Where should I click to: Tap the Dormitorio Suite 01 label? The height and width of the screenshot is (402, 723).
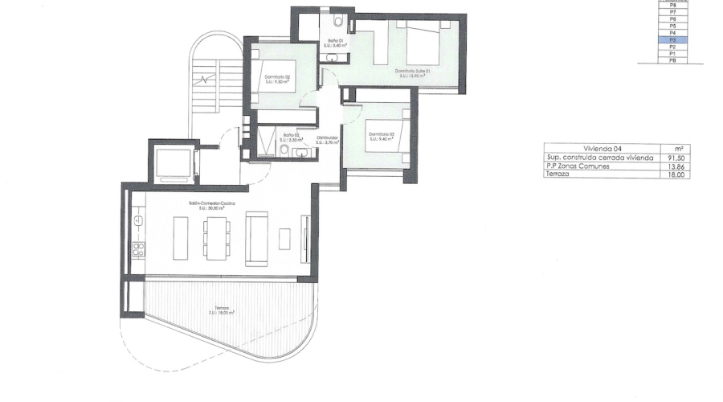(x=413, y=72)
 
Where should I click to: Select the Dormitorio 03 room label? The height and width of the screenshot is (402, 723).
(x=382, y=136)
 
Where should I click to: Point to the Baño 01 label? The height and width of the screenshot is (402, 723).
(x=335, y=42)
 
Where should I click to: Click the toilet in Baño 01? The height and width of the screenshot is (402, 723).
(x=339, y=22)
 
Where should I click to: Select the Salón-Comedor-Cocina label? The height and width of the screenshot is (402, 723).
(x=206, y=204)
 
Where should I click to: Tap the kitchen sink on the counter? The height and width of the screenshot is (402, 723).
(x=137, y=218)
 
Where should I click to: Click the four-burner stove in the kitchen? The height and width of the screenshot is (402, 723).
(x=137, y=250)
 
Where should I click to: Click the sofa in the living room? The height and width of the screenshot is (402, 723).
(x=257, y=238)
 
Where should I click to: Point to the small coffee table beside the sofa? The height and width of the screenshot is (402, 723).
(x=284, y=239)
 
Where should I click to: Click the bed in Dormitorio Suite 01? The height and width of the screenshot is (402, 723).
(x=424, y=46)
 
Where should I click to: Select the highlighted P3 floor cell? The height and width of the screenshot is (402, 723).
(x=672, y=39)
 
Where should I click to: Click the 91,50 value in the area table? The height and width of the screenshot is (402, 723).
(x=676, y=158)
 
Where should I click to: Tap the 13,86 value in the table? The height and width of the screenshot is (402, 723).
(x=676, y=166)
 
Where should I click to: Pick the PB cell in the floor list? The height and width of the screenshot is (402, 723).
(x=672, y=60)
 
